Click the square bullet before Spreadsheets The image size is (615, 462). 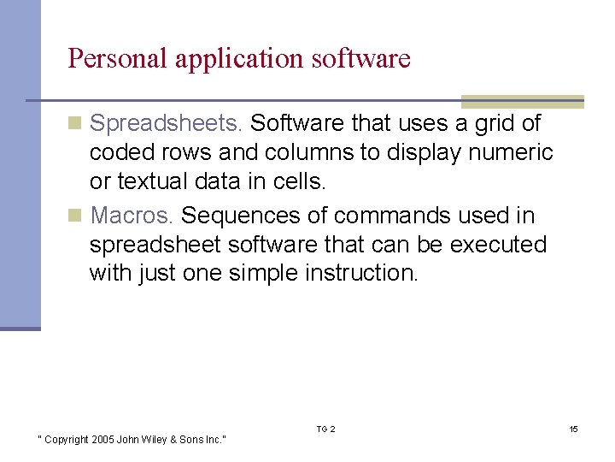pyautogui.click(x=76, y=124)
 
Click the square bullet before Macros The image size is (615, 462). pyautogui.click(x=76, y=215)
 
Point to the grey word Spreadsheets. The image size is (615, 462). pyautogui.click(x=167, y=124)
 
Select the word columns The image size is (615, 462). pyautogui.click(x=306, y=153)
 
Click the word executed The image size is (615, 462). pyautogui.click(x=498, y=244)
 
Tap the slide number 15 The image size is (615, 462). pyautogui.click(x=573, y=429)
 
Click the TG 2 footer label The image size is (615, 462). pyautogui.click(x=325, y=429)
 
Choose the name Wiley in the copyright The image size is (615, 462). pyautogui.click(x=156, y=440)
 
